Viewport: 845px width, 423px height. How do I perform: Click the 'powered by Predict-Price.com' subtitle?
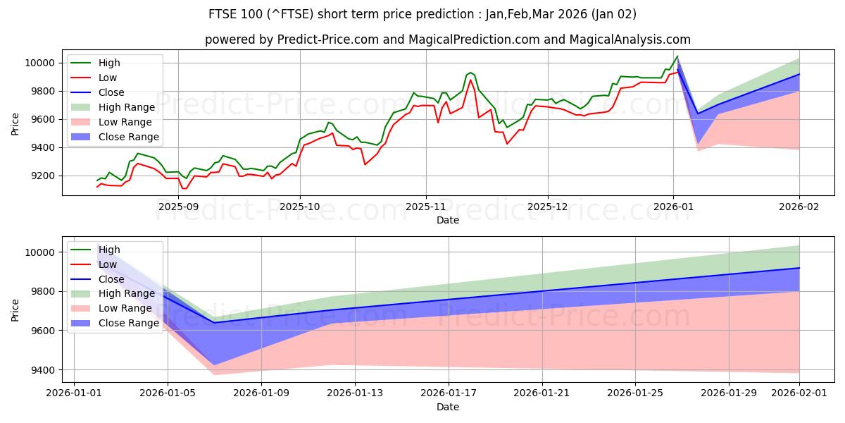(x=447, y=39)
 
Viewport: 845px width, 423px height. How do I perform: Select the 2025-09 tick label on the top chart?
(x=178, y=206)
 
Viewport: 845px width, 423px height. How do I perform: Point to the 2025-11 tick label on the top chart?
(x=425, y=206)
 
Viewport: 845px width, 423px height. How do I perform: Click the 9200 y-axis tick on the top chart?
(x=40, y=176)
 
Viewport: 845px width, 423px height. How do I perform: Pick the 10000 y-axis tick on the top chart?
(x=37, y=63)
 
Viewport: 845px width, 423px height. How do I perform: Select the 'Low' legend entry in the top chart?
(x=108, y=78)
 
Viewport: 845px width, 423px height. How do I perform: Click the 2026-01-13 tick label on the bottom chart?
(x=355, y=393)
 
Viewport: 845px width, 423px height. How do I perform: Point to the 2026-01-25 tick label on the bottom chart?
(x=635, y=393)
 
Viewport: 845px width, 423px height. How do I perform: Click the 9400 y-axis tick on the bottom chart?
(x=40, y=370)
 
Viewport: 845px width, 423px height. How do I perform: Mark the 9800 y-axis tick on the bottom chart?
(x=40, y=292)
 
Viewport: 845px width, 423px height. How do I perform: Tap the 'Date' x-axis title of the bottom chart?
(x=447, y=407)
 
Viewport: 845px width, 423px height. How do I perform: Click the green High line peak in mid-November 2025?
(x=470, y=72)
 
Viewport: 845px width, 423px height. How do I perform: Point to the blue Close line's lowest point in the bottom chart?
(x=214, y=322)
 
